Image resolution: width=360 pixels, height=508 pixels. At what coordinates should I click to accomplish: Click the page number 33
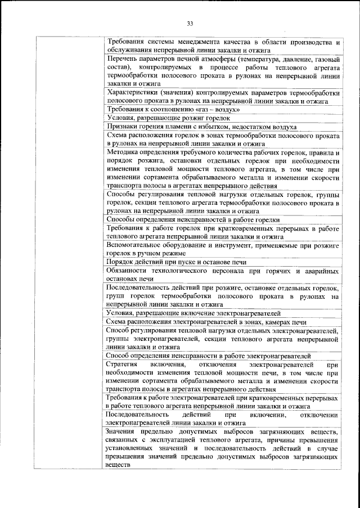click(190, 23)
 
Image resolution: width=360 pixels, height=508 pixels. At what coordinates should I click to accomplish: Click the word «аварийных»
click(319, 271)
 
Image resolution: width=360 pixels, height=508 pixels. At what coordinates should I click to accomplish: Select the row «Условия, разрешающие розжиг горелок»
click(168, 118)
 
